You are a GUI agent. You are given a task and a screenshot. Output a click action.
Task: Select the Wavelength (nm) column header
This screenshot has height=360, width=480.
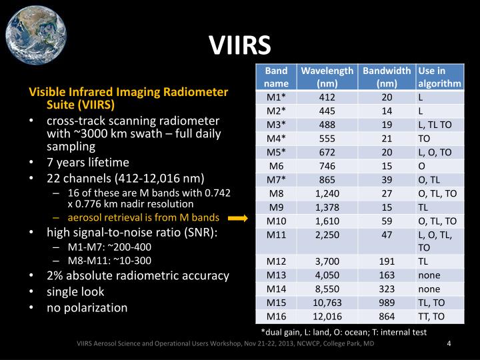coord(327,77)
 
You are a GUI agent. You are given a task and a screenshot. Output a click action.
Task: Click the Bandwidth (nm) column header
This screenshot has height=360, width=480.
coord(387,77)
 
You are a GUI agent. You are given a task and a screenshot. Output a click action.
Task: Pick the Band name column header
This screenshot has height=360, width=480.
coord(276,77)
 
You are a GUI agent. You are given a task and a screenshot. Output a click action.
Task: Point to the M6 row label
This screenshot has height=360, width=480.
coord(276,166)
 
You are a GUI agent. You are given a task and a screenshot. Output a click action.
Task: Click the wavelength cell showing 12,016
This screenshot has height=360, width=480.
coord(327,315)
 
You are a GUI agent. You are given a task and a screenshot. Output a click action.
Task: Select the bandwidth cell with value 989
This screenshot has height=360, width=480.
coord(387,302)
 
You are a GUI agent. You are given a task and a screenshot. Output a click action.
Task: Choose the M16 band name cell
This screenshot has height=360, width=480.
coord(276,315)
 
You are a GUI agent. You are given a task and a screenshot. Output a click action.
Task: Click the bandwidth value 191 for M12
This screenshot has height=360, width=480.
coord(387,261)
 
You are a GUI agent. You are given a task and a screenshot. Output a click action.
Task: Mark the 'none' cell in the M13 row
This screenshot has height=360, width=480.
coord(429,275)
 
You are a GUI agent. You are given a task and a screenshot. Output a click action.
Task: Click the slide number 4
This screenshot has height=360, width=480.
coord(449,343)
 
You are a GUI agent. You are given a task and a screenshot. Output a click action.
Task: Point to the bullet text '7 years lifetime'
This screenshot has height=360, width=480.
coord(87,162)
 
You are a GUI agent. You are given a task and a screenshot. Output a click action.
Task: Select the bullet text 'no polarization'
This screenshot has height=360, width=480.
coord(87,307)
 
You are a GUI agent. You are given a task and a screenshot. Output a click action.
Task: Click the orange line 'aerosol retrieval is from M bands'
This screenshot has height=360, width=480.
coord(143,217)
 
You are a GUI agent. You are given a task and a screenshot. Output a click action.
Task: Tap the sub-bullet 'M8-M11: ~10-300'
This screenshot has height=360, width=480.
coord(110,260)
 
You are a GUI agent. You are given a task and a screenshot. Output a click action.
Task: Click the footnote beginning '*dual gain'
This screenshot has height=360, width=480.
coord(343,331)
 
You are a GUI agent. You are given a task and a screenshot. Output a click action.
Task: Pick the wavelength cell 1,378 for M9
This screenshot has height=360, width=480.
coord(327,206)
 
